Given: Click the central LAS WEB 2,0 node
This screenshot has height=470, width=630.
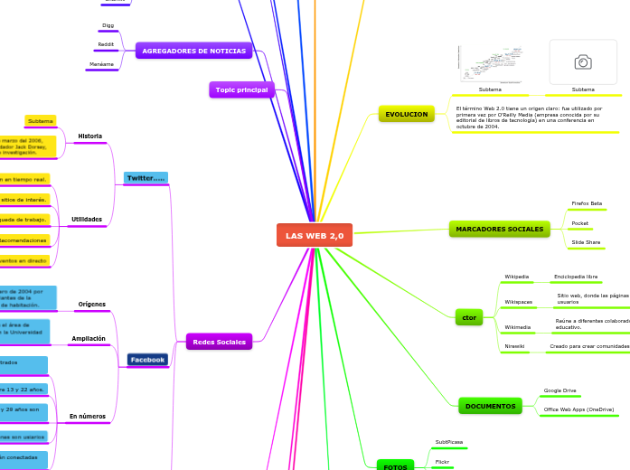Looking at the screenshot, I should click(315, 235).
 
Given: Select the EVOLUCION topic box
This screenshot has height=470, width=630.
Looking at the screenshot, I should click(407, 114).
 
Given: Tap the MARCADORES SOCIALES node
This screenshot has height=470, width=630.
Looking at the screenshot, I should click(500, 229).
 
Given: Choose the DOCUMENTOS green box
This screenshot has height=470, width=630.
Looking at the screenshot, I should click(490, 406).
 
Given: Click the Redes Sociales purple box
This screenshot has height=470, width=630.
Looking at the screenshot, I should click(219, 342).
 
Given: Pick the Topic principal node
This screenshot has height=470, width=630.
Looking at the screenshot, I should click(240, 89).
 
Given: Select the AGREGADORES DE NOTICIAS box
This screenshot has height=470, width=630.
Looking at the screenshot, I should click(193, 51).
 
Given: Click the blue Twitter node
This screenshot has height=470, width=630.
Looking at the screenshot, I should click(146, 178).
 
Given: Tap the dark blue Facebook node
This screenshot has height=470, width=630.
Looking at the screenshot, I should click(147, 359).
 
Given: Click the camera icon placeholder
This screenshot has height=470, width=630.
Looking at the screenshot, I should click(583, 61).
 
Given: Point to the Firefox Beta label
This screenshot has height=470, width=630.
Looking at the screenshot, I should click(587, 203).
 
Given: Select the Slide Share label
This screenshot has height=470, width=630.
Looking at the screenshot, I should click(586, 242).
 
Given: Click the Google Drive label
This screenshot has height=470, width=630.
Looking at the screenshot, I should click(559, 390).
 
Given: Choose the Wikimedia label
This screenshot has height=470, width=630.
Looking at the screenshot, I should click(518, 327).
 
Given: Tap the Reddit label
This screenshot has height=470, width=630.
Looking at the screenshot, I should click(106, 44).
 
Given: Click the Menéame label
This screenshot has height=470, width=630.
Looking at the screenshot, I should click(101, 64).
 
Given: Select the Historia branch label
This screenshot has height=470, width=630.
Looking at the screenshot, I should click(90, 136).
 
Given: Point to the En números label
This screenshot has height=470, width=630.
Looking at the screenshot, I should click(88, 417).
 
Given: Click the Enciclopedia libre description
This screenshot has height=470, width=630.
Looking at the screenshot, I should click(576, 277).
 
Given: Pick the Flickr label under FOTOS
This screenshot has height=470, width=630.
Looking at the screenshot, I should click(443, 461).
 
